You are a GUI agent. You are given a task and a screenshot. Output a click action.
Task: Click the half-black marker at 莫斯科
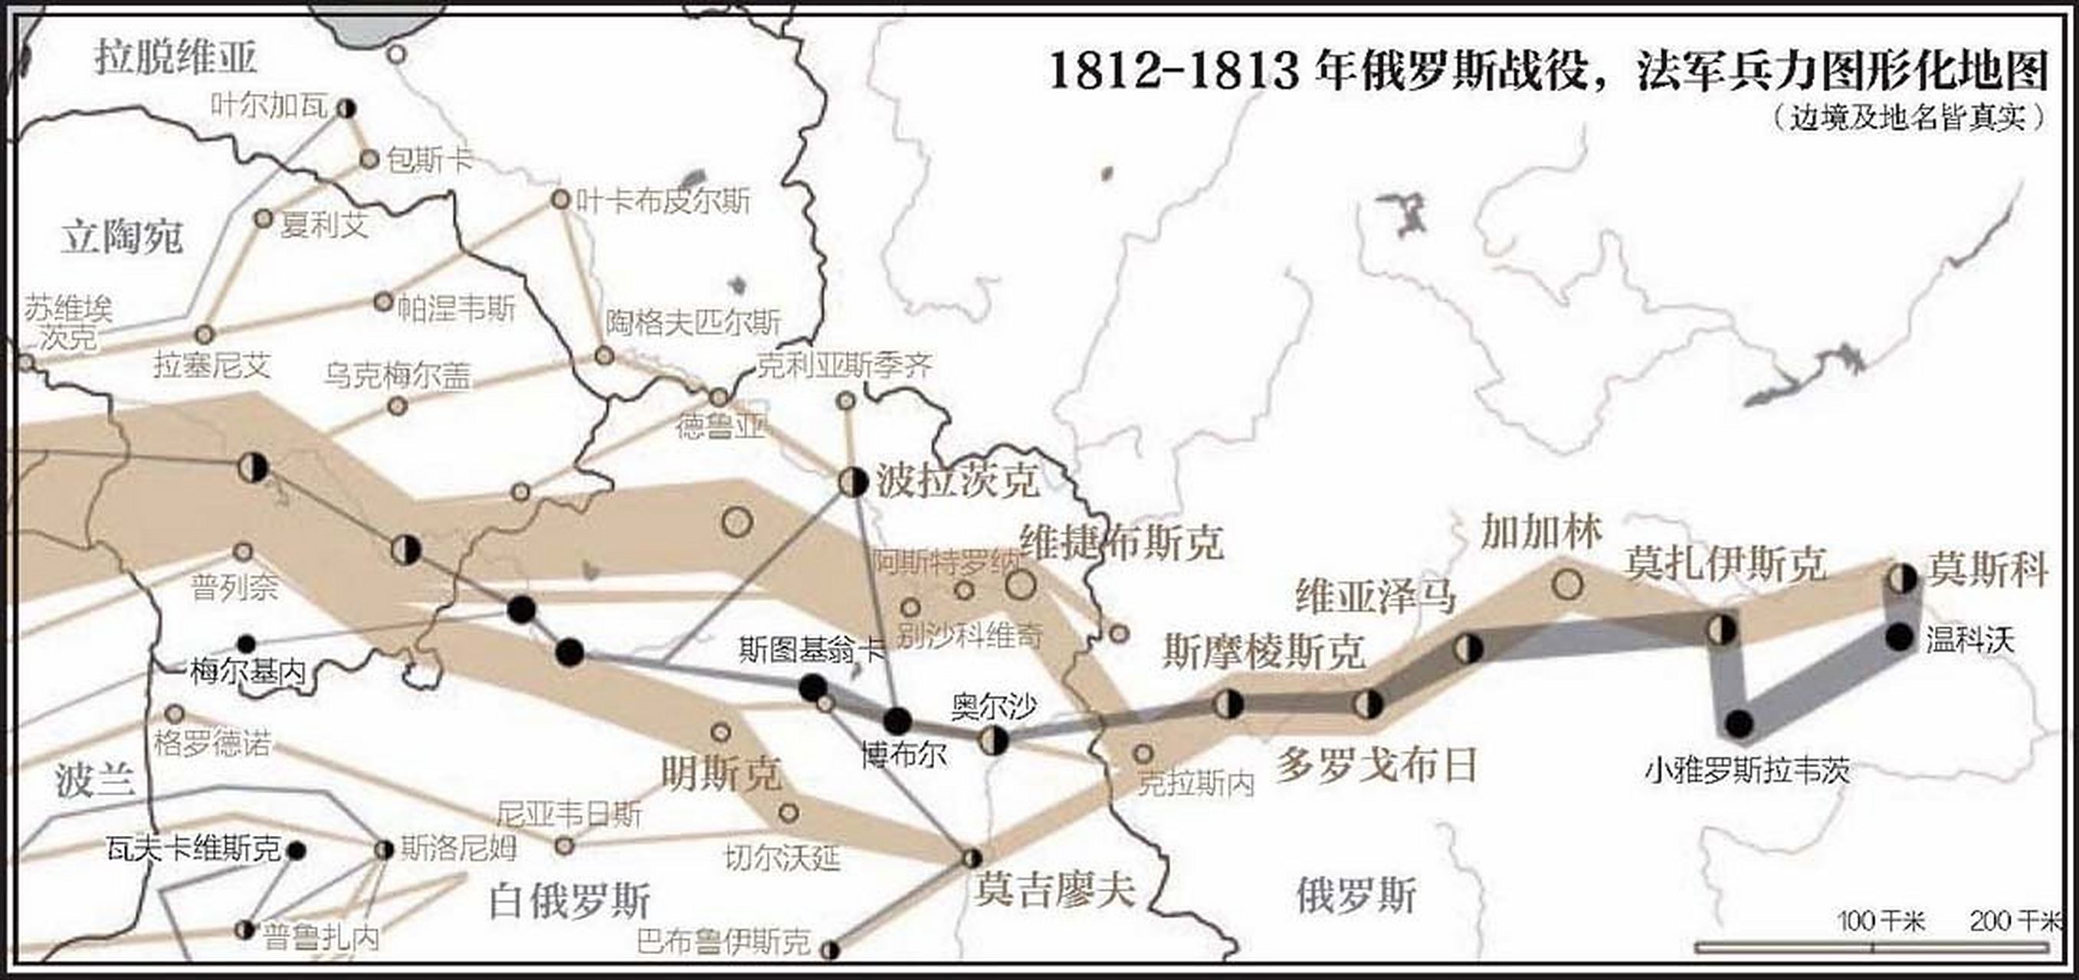[1902, 578]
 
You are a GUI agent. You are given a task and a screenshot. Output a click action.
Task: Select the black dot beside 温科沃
[1900, 637]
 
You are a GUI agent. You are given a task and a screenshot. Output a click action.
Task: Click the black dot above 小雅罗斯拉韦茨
[1740, 724]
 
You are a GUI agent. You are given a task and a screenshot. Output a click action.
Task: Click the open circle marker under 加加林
[1567, 583]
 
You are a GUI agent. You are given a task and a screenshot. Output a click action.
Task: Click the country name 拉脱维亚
[176, 58]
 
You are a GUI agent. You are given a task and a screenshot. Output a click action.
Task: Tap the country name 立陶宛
[123, 237]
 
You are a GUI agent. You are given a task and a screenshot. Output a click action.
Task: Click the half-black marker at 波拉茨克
[853, 482]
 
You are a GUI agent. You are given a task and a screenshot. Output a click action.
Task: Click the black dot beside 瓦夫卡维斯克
[297, 850]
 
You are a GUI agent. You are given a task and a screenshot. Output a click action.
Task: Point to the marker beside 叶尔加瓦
[347, 108]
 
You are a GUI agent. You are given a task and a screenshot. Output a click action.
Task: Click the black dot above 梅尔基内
[246, 644]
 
